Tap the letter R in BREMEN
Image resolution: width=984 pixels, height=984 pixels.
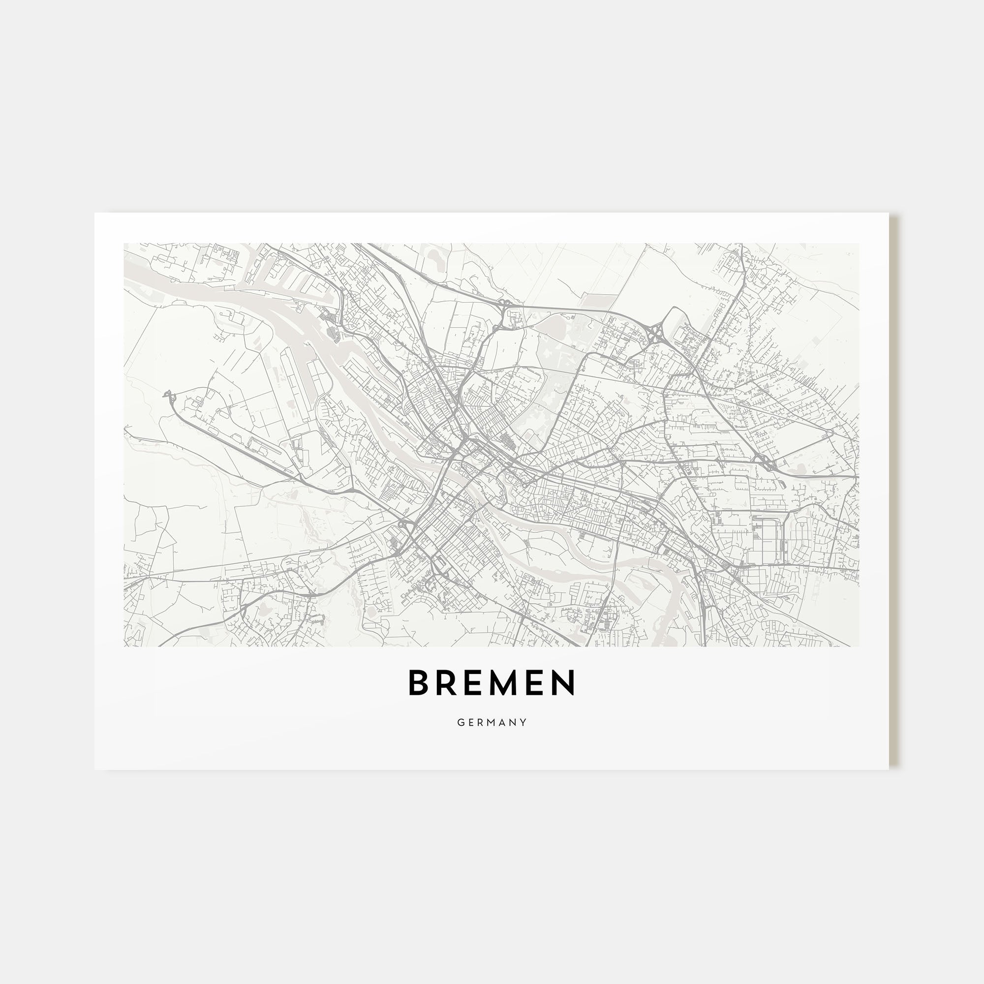coord(448,683)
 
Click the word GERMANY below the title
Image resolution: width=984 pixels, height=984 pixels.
coord(492,722)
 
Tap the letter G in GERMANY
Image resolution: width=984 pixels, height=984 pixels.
coord(461,722)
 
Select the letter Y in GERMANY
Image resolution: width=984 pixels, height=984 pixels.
coord(523,722)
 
